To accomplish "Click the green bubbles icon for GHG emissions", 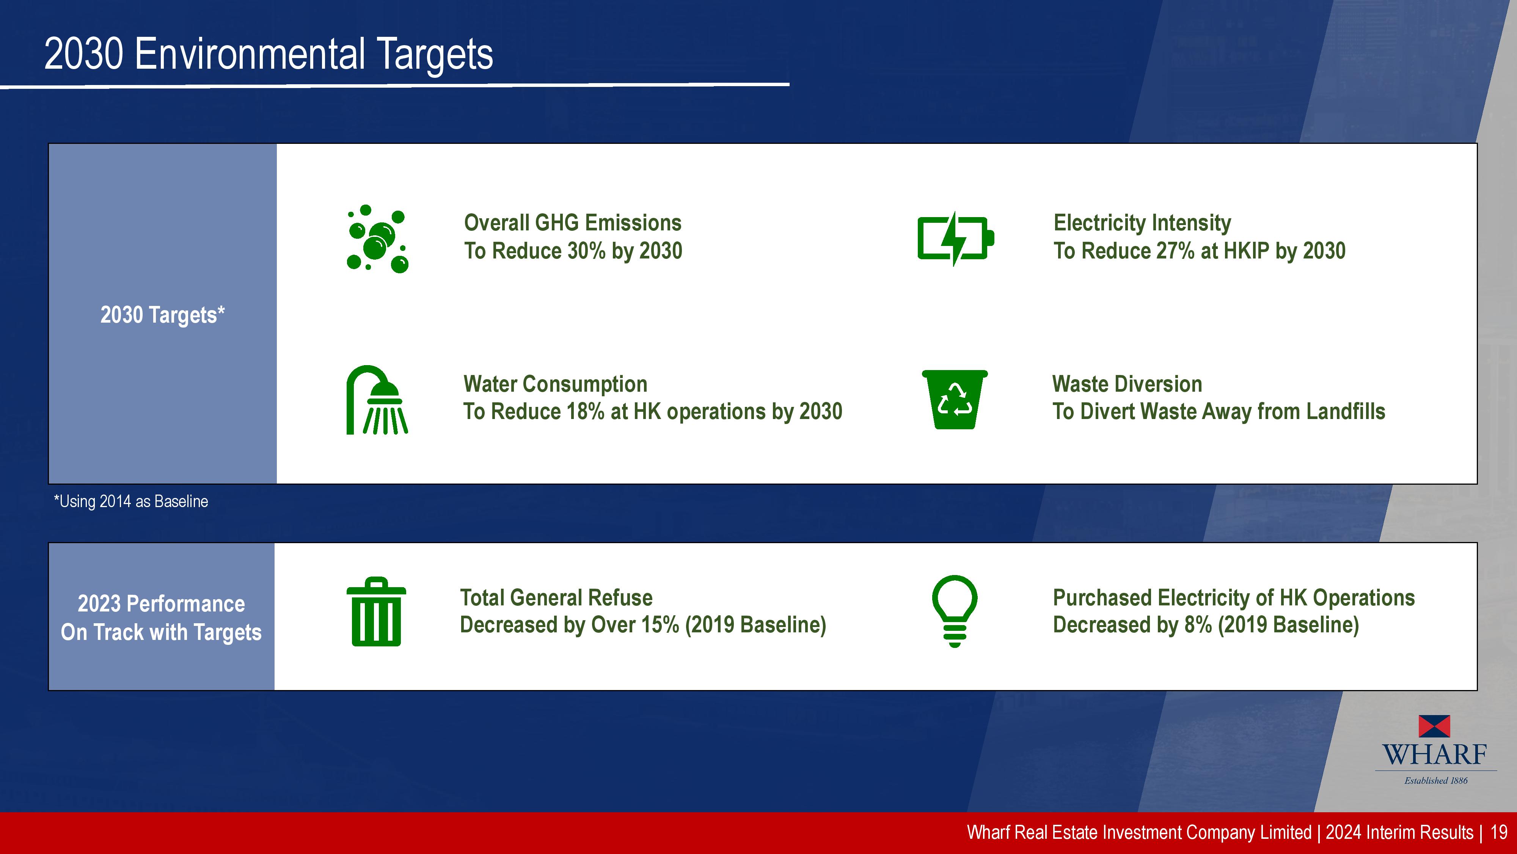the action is tap(377, 239).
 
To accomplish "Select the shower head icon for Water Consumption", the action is tap(377, 400).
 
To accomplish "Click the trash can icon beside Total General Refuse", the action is tap(376, 612).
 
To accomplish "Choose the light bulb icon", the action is tap(955, 611).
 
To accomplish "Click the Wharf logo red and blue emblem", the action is tap(1435, 726).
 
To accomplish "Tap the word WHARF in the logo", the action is tap(1435, 755).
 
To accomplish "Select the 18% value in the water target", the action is tap(585, 411).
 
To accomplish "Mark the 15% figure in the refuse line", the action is tap(660, 625).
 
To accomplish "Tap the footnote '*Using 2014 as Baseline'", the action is tap(131, 501).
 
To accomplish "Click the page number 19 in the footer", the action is tap(1499, 832).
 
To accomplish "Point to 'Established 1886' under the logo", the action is tap(1436, 780).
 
